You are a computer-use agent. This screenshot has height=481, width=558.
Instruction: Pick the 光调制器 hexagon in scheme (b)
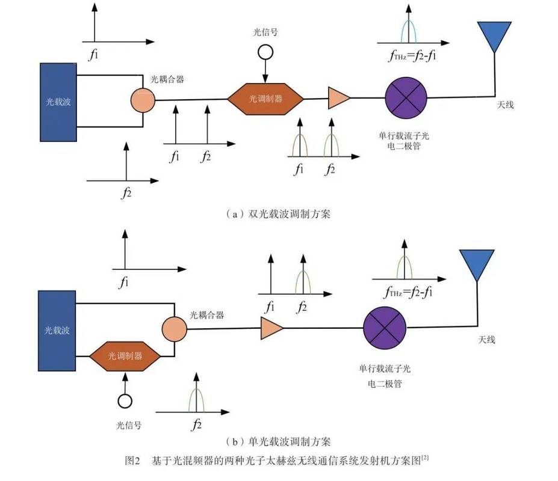pos(125,356)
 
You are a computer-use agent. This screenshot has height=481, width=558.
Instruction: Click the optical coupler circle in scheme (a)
pos(143,100)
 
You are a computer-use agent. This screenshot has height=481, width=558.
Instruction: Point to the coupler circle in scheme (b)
pos(174,328)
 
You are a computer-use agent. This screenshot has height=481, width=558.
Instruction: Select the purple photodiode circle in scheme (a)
pos(406,97)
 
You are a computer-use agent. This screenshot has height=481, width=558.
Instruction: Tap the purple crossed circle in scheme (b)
pos(383,328)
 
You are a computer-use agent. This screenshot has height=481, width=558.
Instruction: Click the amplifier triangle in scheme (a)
pos(338,97)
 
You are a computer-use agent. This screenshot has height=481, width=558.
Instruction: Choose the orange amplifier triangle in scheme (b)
pos(271,328)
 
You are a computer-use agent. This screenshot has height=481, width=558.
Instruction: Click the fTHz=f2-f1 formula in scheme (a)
pos(413,58)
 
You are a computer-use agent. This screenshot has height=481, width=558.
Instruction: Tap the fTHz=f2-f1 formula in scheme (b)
pos(409,293)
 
